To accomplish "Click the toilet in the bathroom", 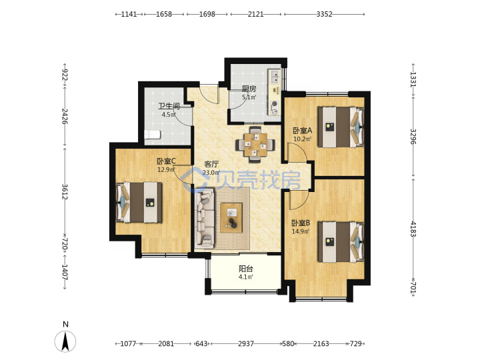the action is [x=152, y=135].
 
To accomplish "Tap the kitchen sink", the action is [x=275, y=77].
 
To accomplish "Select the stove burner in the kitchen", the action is [x=275, y=104].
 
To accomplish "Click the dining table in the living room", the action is [x=255, y=144].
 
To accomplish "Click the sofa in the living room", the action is [x=205, y=218].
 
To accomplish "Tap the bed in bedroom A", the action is [x=341, y=127].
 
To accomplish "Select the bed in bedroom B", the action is [x=341, y=242].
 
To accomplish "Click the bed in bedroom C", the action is [x=139, y=203].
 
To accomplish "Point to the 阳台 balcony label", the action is [x=246, y=269].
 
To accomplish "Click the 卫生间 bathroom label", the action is [x=169, y=106].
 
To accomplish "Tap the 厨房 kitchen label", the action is [x=249, y=89].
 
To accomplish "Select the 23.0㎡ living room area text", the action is [x=211, y=173].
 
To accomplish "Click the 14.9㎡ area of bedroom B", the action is [x=300, y=231].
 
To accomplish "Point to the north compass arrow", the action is [x=65, y=341].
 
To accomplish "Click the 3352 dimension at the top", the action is [x=324, y=14].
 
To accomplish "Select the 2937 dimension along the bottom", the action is [x=246, y=344].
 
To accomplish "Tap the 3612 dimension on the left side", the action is [x=65, y=191].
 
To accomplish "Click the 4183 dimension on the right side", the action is [x=413, y=229].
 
